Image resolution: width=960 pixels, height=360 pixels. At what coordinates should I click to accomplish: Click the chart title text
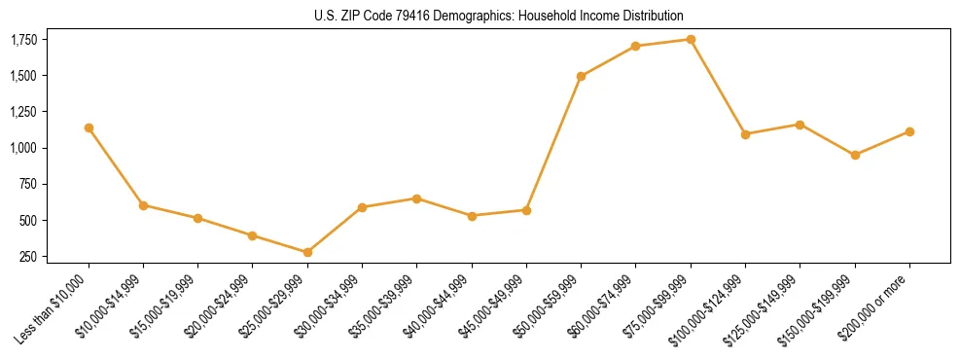coord(499,16)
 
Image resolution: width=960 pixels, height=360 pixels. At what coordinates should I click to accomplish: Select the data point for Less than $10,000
coord(89,127)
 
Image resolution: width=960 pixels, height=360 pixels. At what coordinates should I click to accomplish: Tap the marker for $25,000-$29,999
coord(307,253)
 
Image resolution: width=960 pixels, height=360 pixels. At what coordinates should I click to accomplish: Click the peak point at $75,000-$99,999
coord(691,39)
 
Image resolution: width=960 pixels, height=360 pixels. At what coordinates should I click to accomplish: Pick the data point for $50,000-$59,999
coord(581,76)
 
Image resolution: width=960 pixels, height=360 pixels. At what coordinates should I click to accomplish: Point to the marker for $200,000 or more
coord(909,131)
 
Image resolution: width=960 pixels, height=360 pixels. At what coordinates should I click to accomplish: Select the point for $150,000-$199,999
coord(855,155)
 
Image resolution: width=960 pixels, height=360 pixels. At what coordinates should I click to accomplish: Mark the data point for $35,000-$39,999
coord(417,198)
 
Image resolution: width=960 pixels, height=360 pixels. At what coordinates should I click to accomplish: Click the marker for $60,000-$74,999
coord(636,46)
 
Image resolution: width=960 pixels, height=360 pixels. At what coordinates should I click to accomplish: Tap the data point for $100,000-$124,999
coord(745,134)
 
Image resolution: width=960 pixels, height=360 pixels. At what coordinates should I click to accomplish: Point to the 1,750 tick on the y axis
coord(23,40)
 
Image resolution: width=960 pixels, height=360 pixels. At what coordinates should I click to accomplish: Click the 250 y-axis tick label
coord(29,257)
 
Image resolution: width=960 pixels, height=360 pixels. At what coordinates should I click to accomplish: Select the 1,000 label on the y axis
coord(23,148)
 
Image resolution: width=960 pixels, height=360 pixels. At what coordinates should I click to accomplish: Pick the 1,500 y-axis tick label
coord(23,76)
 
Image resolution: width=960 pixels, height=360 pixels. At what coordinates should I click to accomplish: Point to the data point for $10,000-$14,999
coord(143,205)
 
